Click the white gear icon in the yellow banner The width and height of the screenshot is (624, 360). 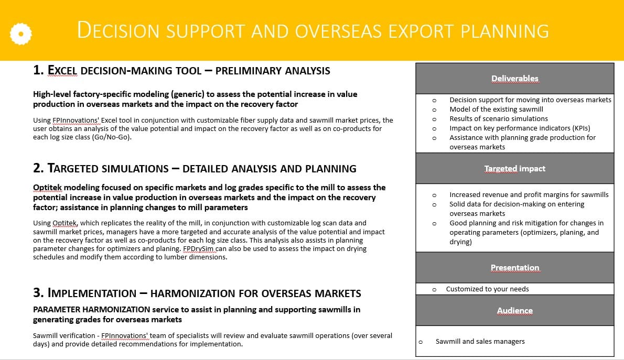[x=20, y=34]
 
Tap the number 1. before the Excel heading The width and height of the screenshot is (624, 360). [x=38, y=70]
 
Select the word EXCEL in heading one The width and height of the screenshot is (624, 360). [x=62, y=70]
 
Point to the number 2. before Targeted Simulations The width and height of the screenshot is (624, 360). [x=38, y=168]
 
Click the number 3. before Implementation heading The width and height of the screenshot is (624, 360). [x=38, y=293]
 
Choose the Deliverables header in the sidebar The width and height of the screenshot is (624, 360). [x=514, y=79]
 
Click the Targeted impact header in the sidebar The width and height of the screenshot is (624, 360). [x=514, y=169]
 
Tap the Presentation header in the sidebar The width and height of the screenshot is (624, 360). [x=514, y=268]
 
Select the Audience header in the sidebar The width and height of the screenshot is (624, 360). [x=514, y=311]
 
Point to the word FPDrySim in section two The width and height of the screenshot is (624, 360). [x=198, y=249]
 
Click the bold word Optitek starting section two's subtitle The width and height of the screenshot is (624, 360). [x=47, y=188]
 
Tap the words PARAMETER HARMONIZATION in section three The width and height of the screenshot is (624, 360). [x=92, y=310]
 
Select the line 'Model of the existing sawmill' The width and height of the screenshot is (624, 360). [x=496, y=109]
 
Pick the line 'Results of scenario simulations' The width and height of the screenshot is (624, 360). [x=499, y=118]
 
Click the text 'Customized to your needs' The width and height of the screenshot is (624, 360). [x=488, y=289]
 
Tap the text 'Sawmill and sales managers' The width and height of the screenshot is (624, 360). [x=480, y=341]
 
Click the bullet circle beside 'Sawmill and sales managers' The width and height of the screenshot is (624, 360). [x=421, y=342]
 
